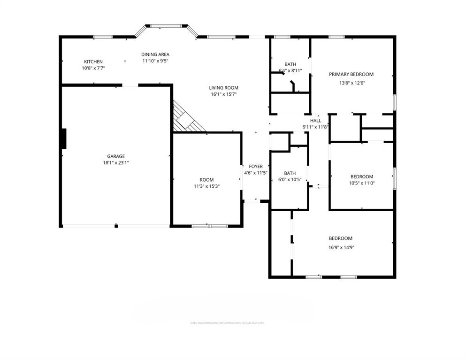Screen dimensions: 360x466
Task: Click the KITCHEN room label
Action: click(93, 62)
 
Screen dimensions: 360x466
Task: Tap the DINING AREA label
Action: click(155, 54)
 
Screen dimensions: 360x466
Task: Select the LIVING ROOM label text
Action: click(223, 88)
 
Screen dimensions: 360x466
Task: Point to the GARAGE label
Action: click(115, 156)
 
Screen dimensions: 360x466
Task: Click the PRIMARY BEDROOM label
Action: click(351, 74)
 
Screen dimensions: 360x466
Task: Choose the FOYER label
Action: click(256, 167)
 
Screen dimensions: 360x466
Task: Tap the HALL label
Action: click(315, 121)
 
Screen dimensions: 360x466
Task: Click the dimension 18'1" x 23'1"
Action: click(115, 163)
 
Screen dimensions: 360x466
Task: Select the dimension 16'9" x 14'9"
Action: click(340, 247)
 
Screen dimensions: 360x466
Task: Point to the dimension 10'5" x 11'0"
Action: click(361, 183)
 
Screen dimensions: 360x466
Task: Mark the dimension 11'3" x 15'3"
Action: click(206, 186)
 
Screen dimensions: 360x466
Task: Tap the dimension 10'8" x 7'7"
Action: click(93, 68)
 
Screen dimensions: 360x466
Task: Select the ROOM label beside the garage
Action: click(206, 180)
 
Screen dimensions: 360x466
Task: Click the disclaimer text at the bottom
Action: click(230, 323)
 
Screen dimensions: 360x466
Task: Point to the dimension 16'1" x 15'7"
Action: click(223, 94)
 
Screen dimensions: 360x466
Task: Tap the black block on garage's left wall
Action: click(64, 138)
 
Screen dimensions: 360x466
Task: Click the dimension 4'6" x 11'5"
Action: click(256, 173)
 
